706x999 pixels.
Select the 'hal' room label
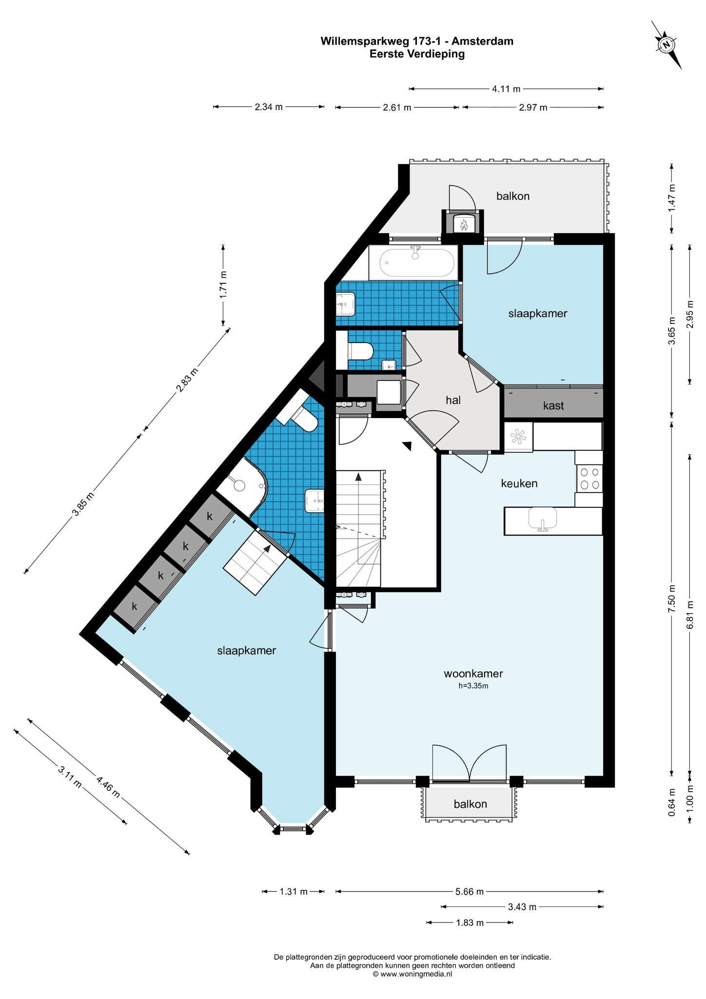point(453,400)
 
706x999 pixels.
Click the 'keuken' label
point(519,483)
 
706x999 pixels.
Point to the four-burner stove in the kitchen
point(589,479)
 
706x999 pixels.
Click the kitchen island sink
point(542,519)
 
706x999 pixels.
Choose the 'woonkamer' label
point(473,674)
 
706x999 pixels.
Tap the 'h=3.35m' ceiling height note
point(473,686)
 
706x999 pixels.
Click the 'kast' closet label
point(553,405)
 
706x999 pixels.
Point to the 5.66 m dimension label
point(470,892)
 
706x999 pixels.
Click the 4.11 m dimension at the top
point(506,89)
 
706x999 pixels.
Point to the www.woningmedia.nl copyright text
point(412,974)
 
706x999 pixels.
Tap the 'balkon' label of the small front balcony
point(470,803)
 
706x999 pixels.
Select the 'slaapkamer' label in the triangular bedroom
point(247,651)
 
